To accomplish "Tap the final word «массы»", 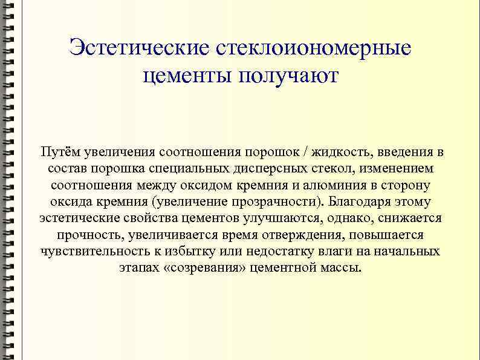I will tap(341, 268).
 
